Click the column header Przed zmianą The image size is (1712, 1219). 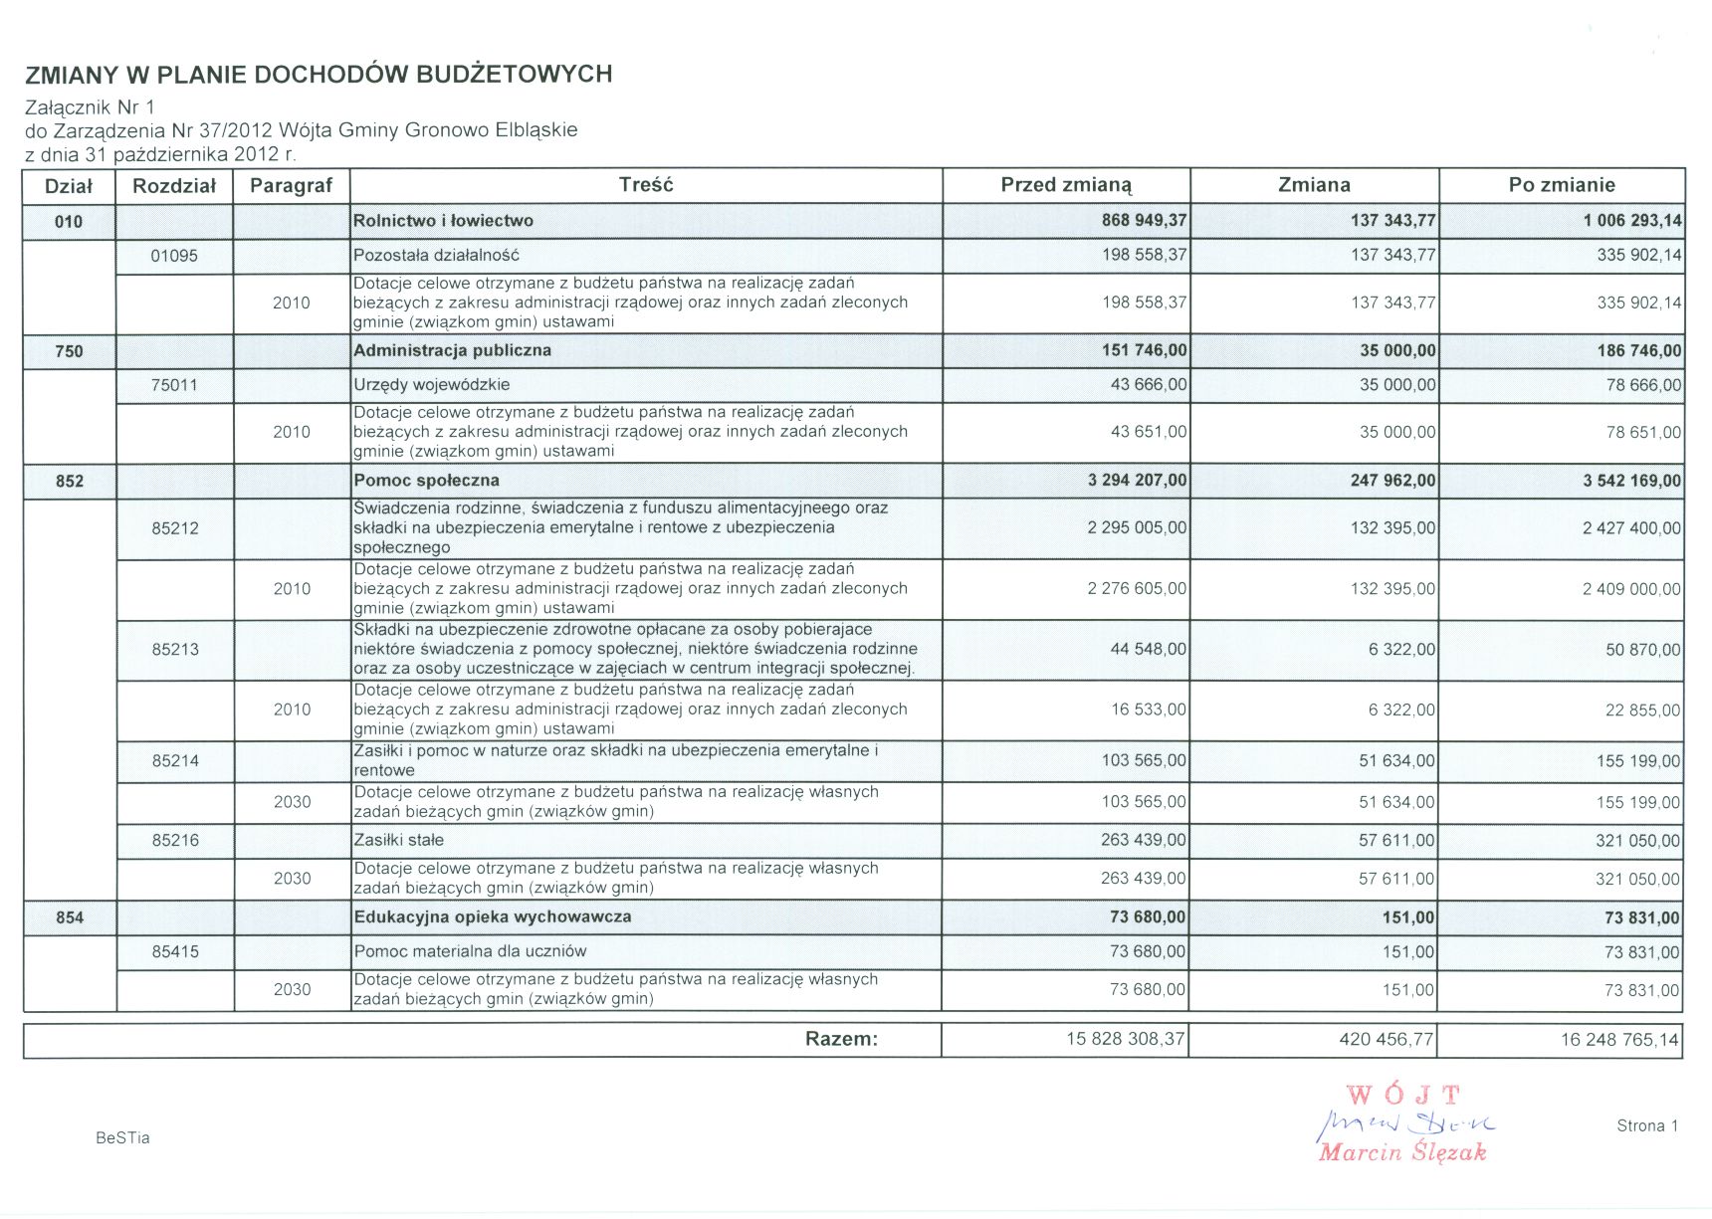click(1066, 185)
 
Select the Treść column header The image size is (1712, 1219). click(646, 185)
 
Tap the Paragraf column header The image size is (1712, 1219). click(291, 185)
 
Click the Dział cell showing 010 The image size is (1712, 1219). click(69, 221)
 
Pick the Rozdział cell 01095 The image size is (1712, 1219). click(174, 256)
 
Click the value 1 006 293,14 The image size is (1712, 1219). click(1632, 221)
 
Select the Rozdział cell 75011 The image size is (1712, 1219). click(174, 385)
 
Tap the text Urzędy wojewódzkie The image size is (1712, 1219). click(432, 385)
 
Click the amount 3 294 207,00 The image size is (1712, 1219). click(1137, 481)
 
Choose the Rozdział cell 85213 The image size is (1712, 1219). click(175, 650)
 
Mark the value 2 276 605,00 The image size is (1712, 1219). click(1137, 589)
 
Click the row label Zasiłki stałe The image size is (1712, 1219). click(399, 840)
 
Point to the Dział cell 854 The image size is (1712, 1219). click(70, 917)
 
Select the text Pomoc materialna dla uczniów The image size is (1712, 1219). click(470, 951)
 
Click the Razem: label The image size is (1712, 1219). click(841, 1039)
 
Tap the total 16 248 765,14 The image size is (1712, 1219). click(1619, 1040)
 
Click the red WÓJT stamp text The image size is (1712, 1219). click(1403, 1096)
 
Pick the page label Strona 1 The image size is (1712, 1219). click(1647, 1125)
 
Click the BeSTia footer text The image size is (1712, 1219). click(122, 1137)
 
